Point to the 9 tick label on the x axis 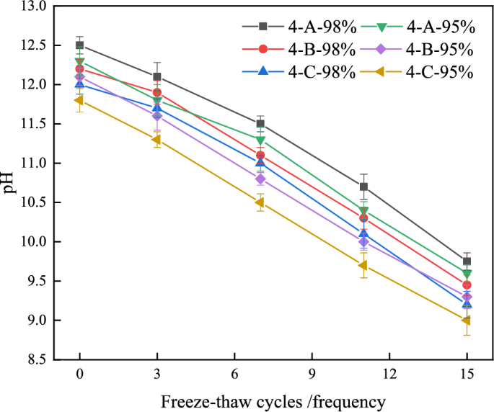(312, 376)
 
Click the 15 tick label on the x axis (467, 376)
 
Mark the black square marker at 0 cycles (79, 45)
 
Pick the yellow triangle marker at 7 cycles (260, 202)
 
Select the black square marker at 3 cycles (157, 76)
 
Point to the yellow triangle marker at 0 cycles (79, 100)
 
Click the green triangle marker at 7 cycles (260, 140)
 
